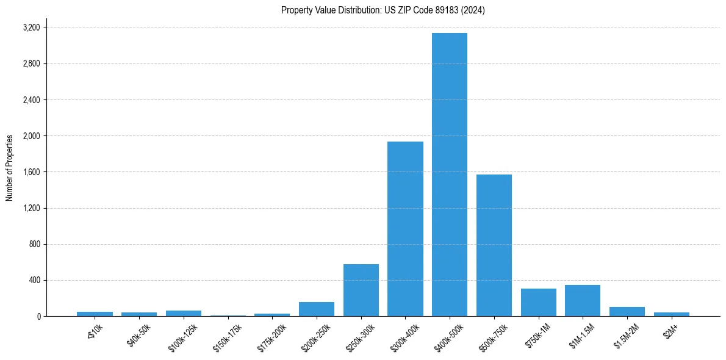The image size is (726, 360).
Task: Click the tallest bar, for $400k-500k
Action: click(450, 175)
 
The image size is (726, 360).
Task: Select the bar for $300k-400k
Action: click(405, 229)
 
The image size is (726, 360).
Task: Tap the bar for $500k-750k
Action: click(494, 245)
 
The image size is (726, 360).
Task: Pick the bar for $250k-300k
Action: click(361, 290)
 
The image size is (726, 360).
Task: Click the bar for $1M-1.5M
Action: click(583, 301)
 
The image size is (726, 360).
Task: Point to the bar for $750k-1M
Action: click(539, 303)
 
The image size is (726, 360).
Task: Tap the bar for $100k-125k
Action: click(184, 314)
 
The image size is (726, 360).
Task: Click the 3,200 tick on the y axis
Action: click(31, 27)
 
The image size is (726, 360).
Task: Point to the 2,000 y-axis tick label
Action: click(31, 136)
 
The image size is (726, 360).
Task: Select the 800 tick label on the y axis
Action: click(34, 245)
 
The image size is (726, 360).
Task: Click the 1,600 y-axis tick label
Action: click(31, 172)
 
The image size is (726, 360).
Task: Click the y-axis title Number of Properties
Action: click(9, 168)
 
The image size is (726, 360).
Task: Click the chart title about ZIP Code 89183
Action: click(383, 10)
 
